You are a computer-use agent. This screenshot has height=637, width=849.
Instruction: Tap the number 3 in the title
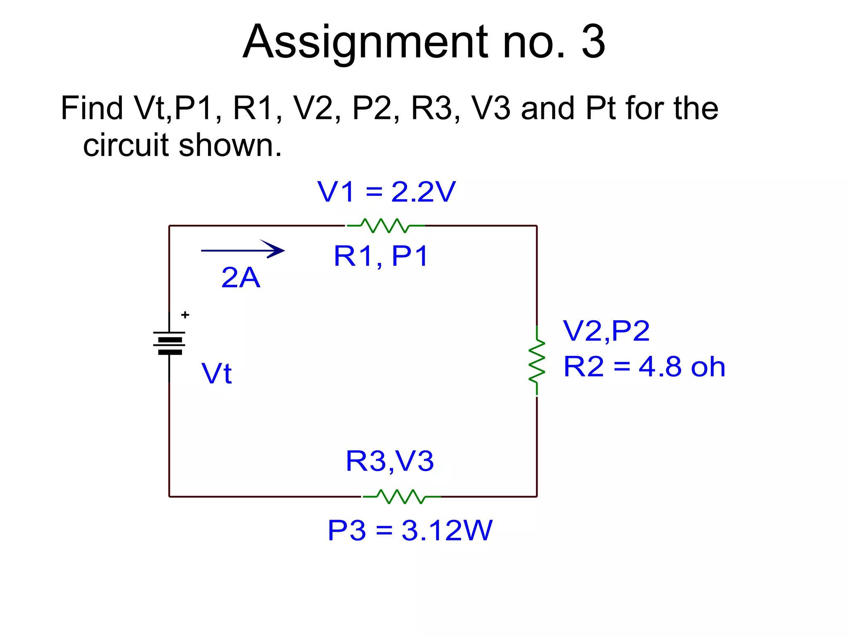[x=593, y=42]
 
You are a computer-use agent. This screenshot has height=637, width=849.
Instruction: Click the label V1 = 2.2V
[x=386, y=192]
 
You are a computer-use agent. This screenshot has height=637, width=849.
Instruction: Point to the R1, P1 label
[x=381, y=256]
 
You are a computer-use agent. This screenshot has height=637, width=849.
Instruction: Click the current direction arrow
[x=243, y=250]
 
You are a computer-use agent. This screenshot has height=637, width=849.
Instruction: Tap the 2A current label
[x=241, y=277]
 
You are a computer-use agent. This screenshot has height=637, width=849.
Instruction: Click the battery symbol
[x=170, y=343]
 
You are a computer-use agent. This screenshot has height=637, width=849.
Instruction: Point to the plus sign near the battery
[x=185, y=315]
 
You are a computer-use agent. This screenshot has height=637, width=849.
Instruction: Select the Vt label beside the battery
[x=216, y=373]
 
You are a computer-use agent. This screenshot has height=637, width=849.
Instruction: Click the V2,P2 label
[x=606, y=331]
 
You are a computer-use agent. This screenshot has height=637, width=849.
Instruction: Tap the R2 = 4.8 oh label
[x=644, y=367]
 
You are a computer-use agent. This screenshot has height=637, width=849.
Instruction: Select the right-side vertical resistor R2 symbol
[x=537, y=360]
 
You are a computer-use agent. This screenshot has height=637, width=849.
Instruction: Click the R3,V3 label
[x=390, y=461]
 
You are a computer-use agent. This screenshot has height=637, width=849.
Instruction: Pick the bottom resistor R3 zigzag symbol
[x=401, y=496]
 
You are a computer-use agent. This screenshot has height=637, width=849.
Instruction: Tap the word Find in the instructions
[x=92, y=108]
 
